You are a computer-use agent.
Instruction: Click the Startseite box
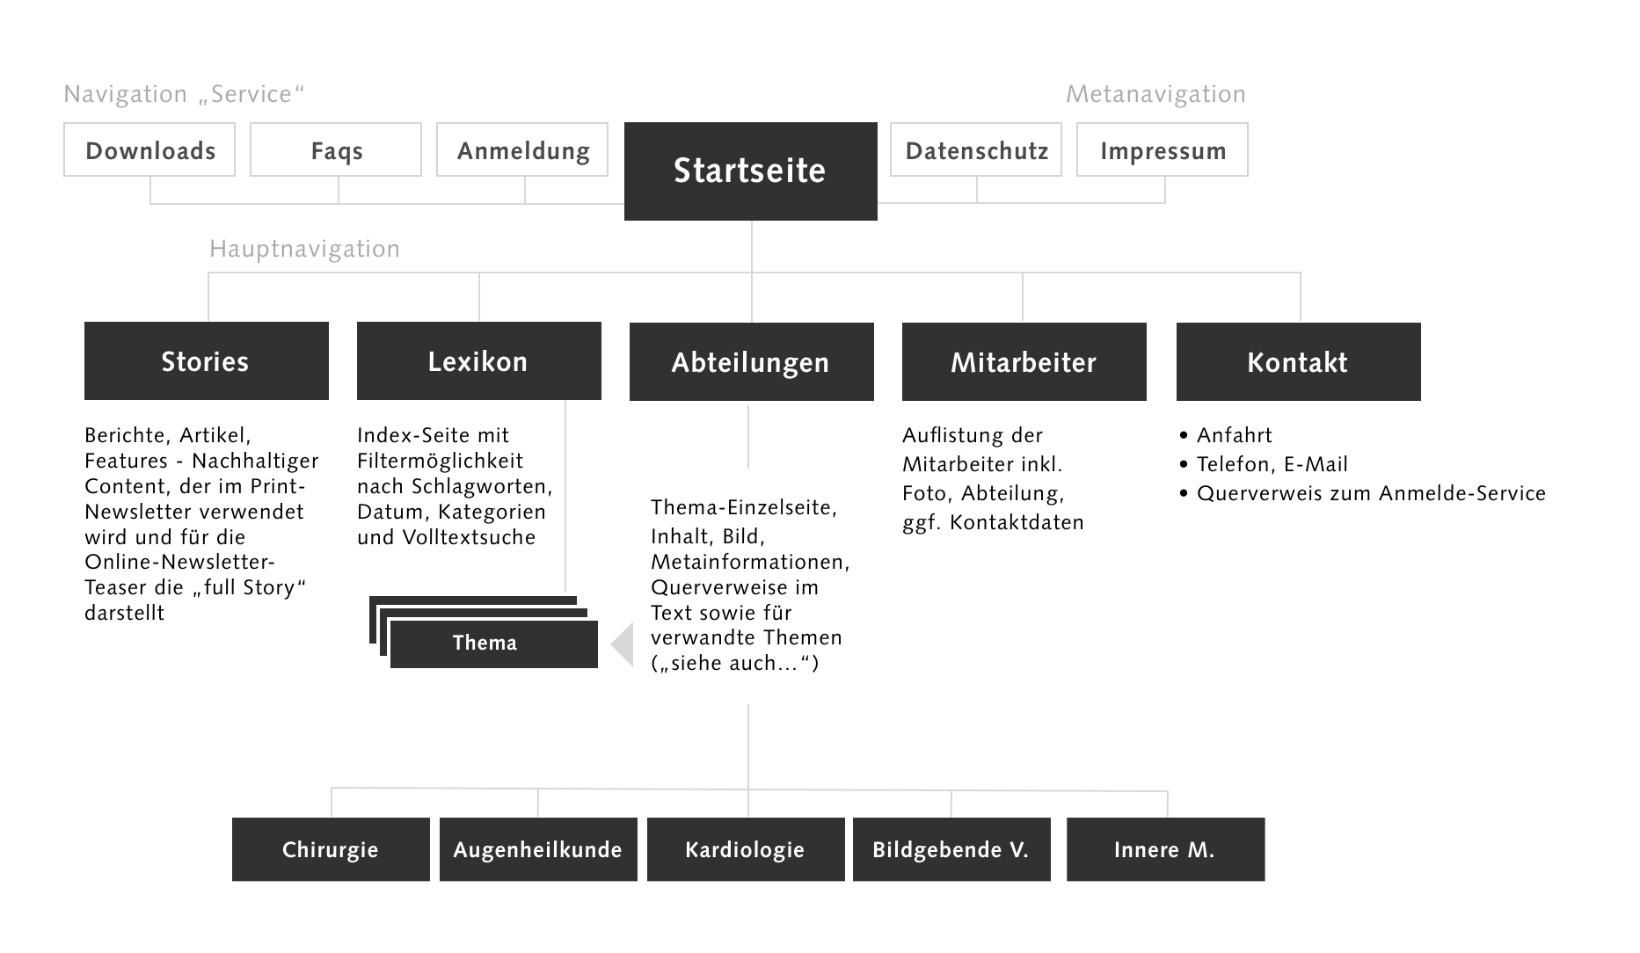click(x=750, y=171)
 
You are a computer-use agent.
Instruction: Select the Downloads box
click(x=149, y=150)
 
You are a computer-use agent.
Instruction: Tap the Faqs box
click(x=336, y=150)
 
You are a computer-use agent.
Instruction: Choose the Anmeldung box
click(x=522, y=150)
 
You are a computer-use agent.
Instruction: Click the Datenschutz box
click(x=976, y=150)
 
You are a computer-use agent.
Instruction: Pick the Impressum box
click(x=1163, y=150)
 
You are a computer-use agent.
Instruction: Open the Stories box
click(x=206, y=361)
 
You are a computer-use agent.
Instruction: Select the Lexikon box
click(x=478, y=361)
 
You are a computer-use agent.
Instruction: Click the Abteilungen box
click(x=751, y=362)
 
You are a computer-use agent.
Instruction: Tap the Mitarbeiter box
click(x=1024, y=362)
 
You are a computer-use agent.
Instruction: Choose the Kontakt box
click(x=1298, y=362)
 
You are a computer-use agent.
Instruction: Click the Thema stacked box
click(x=492, y=644)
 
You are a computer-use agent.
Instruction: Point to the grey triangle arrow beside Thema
click(x=623, y=644)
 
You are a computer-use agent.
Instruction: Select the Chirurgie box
click(x=331, y=849)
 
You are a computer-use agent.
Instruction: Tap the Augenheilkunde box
click(x=538, y=849)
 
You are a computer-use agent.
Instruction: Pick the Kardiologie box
click(x=746, y=849)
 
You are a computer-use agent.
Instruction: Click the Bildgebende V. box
click(x=951, y=849)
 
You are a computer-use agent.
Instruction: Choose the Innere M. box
click(x=1165, y=849)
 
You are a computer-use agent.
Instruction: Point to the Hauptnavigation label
click(x=304, y=249)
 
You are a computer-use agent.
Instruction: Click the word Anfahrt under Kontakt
click(x=1234, y=435)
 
